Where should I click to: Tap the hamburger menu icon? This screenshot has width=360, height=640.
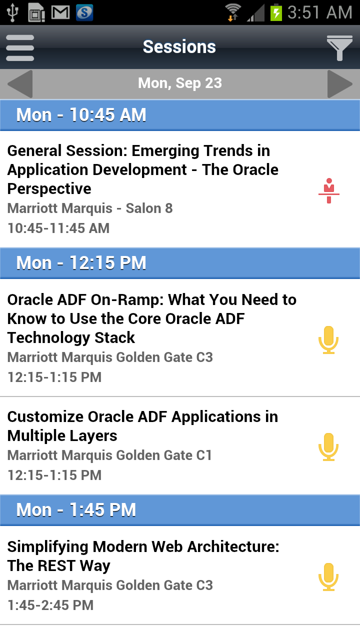[x=20, y=47]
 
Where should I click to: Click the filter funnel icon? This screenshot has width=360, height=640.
[x=339, y=48]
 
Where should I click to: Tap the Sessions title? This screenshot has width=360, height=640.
[x=179, y=47]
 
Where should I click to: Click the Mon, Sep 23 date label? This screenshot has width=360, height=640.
[x=180, y=83]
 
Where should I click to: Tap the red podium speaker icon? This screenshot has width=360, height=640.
[x=329, y=190]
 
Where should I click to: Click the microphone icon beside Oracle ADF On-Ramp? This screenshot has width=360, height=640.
[x=328, y=340]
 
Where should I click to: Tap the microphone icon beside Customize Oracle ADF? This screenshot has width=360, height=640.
[x=328, y=447]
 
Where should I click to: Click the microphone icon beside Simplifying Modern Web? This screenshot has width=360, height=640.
[x=328, y=577]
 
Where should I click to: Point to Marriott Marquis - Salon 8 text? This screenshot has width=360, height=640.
[x=90, y=208]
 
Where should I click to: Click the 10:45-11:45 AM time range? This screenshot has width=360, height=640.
[x=58, y=228]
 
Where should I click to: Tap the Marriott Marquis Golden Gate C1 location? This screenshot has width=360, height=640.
[x=109, y=455]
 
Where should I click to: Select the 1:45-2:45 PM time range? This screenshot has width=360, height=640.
[x=50, y=605]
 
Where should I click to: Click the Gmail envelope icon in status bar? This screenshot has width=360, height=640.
[x=60, y=12]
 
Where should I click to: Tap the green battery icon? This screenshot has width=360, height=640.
[x=276, y=12]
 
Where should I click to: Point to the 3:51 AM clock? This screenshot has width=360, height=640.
[x=319, y=12]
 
